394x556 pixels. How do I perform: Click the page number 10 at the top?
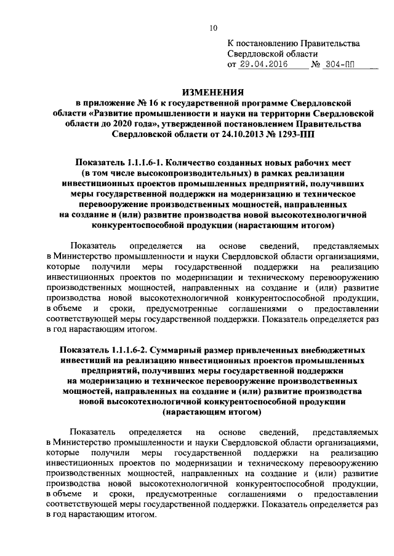213,28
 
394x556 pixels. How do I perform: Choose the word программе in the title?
269,102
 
